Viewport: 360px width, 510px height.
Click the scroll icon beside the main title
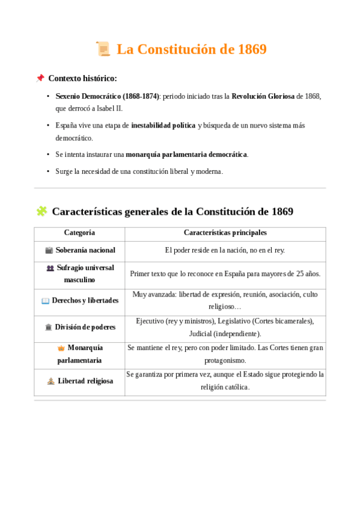103,49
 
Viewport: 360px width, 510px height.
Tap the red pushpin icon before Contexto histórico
40,78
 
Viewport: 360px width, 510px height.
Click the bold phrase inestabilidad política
163,125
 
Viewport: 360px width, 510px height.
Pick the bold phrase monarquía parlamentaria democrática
186,155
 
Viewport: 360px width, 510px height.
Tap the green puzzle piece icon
41,211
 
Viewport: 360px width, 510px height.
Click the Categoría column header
79,233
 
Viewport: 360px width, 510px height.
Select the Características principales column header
225,233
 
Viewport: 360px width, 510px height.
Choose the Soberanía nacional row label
85,250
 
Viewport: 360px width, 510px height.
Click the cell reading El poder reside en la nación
225,250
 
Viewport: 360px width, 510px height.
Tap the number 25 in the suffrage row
301,274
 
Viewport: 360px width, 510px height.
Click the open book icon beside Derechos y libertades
46,301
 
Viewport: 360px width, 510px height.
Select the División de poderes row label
85,328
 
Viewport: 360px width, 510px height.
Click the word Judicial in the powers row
202,333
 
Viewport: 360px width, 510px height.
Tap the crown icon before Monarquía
61,348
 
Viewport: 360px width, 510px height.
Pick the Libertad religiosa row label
85,381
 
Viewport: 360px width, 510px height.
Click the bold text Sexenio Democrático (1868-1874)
107,96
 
